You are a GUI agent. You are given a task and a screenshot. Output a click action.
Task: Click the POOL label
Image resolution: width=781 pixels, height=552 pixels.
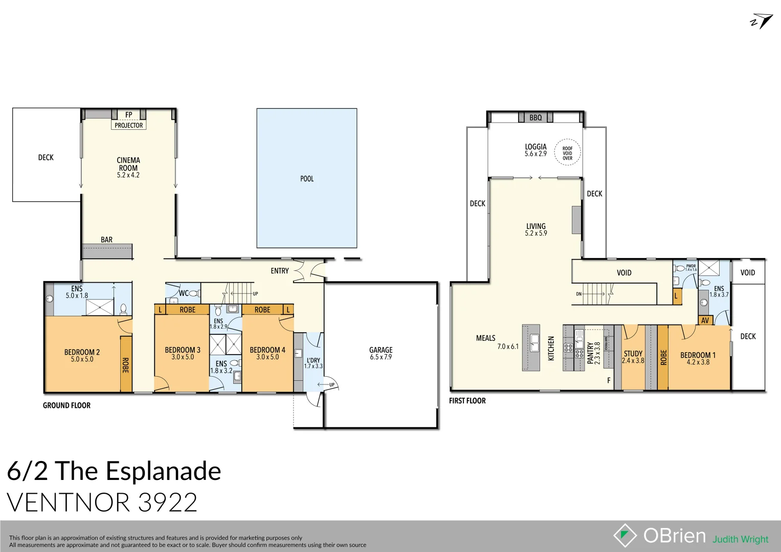coord(307,179)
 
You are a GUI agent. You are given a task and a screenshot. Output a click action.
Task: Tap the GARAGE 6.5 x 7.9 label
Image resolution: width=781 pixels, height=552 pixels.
coord(381,353)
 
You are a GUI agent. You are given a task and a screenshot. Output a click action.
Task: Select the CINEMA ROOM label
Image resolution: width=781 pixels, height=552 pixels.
coord(128,164)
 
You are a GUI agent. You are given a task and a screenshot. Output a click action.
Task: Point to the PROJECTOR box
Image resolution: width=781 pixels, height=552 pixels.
coord(129,125)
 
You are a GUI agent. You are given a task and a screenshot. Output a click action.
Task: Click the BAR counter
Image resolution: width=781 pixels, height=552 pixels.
coord(107,251)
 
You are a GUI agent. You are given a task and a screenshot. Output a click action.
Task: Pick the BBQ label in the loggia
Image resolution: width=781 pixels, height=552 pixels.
coord(535,118)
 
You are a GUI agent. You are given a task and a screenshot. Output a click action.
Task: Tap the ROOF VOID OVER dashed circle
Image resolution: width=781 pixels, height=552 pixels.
coord(568,153)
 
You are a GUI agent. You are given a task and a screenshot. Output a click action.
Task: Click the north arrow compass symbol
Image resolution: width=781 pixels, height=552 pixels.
coord(762,21)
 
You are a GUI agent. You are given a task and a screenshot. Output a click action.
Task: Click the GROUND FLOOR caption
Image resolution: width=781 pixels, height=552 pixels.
coord(66,405)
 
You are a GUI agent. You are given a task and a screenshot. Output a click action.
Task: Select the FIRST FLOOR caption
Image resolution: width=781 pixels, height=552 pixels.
coord(467,401)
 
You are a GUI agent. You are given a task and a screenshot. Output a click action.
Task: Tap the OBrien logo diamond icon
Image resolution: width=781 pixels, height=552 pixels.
coord(624,535)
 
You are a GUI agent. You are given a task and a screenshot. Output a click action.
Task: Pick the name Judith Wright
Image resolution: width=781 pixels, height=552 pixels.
coord(741,539)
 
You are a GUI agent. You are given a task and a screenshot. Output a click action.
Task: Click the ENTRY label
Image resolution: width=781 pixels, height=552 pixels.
coord(280,271)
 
